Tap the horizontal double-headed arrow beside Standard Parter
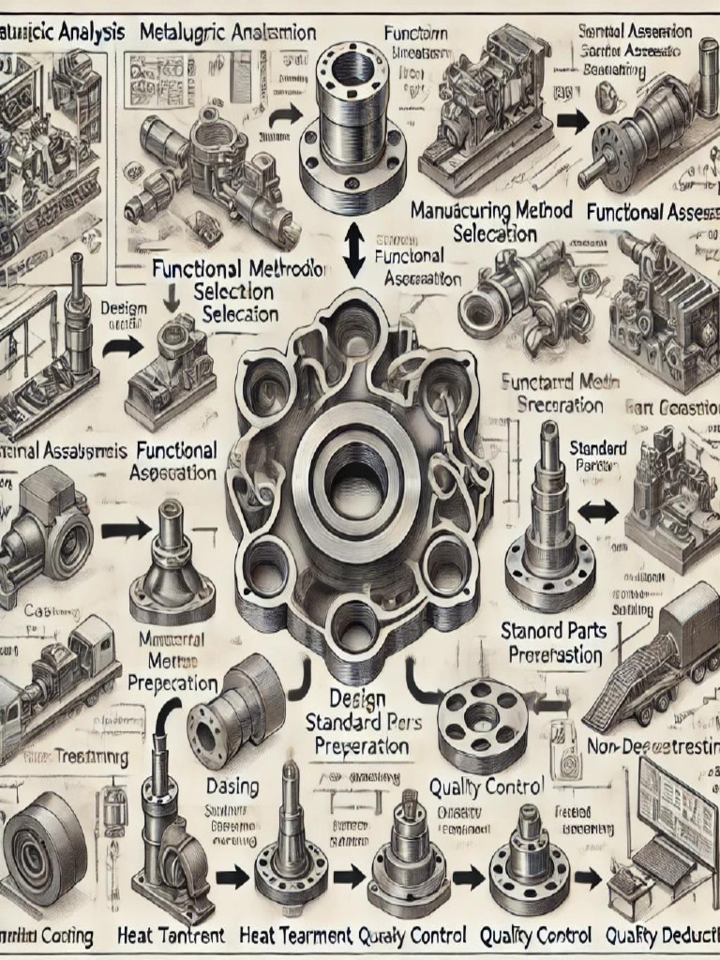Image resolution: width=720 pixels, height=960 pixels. [x=597, y=511]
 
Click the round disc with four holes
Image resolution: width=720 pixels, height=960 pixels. [x=481, y=720]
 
